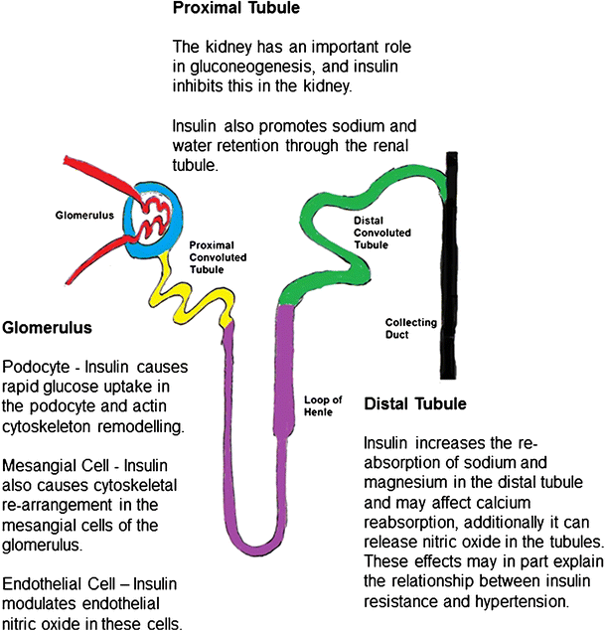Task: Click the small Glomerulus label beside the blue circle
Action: point(84,214)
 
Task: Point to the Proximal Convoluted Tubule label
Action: point(218,256)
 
